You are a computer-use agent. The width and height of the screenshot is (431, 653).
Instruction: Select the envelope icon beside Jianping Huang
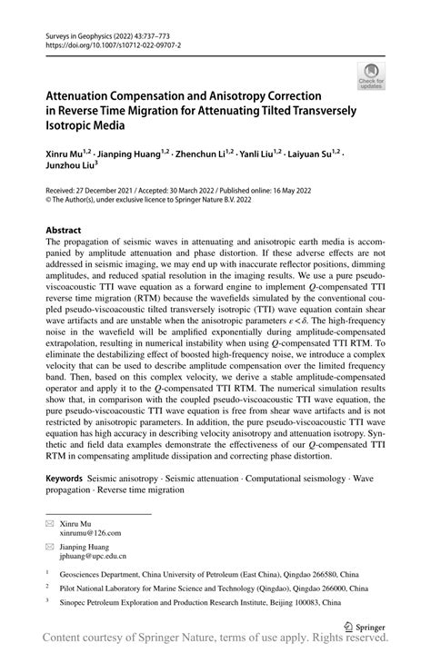pos(50,546)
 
